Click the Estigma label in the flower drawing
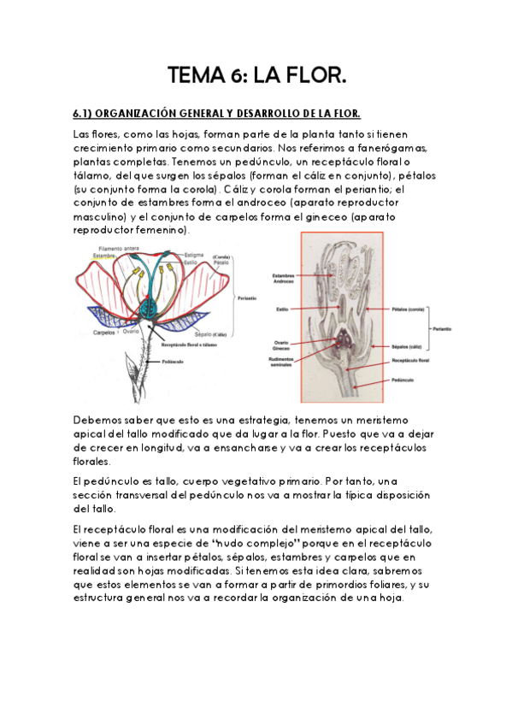(195, 254)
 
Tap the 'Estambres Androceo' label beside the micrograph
(285, 278)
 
